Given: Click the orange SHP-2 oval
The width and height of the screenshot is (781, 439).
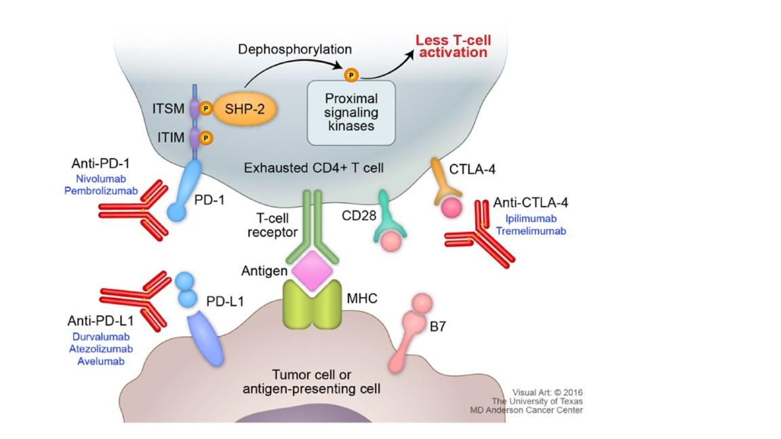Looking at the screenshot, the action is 245,108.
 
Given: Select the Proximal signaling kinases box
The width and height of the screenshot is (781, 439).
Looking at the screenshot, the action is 351,113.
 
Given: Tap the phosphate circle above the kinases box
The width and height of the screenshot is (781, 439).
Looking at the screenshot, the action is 351,75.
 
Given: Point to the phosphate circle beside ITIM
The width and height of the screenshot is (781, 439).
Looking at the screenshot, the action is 205,138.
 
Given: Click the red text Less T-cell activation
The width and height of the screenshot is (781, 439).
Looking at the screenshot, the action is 454,46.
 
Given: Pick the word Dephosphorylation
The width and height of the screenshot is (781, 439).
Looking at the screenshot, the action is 295,49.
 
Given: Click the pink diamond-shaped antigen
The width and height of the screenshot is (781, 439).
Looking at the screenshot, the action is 312,271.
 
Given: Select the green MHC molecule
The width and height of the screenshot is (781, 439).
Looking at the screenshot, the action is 312,304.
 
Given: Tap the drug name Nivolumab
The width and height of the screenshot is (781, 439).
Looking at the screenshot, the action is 100,179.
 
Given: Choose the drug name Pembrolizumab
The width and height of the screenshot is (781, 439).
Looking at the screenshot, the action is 101,190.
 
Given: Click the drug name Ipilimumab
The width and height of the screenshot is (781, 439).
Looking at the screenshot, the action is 531,219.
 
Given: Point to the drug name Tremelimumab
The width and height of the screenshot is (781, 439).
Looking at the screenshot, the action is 531,231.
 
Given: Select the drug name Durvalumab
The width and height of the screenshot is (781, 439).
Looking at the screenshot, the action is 101,337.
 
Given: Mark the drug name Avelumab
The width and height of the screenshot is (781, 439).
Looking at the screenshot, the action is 100,361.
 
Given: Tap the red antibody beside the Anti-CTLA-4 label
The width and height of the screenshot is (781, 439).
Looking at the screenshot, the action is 479,234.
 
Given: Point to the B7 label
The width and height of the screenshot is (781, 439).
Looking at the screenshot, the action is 438,327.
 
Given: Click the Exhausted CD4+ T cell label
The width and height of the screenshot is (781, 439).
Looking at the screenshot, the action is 314,168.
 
